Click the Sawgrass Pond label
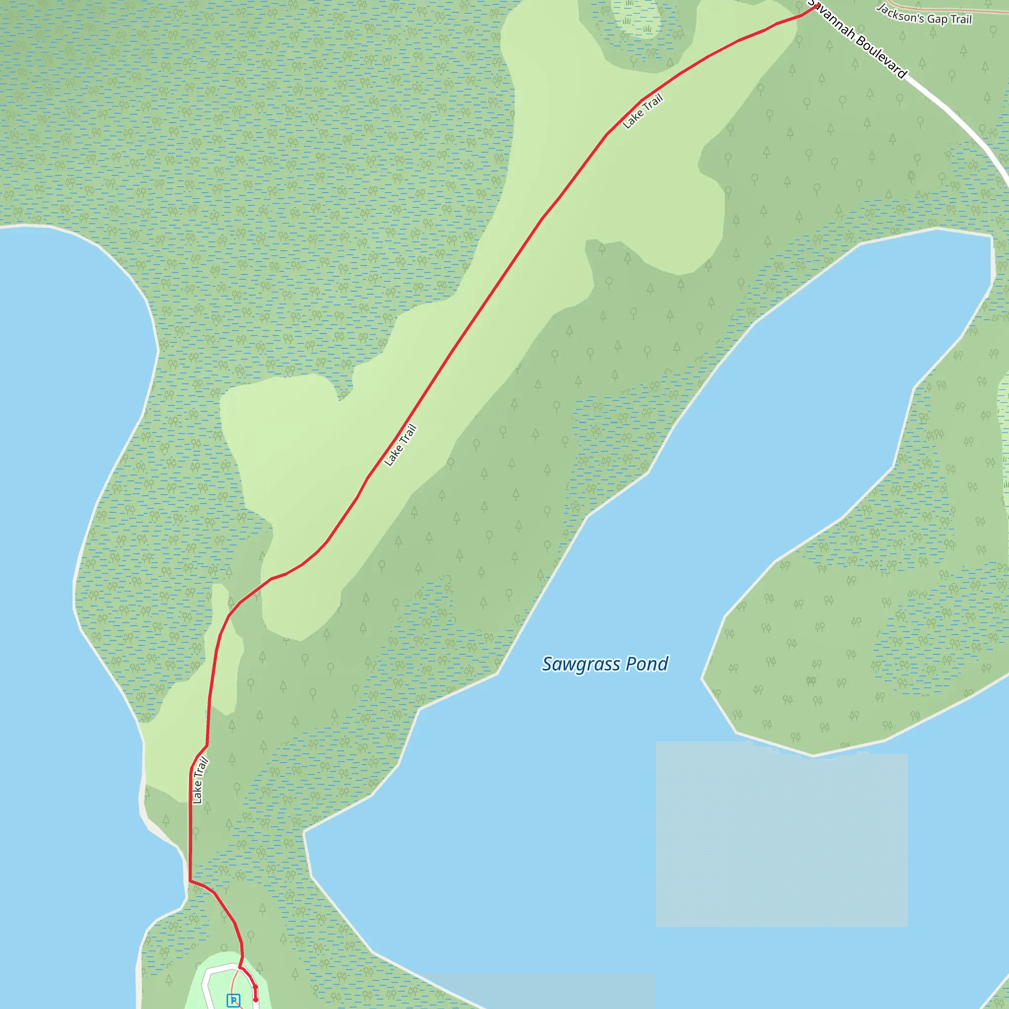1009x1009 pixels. click(605, 664)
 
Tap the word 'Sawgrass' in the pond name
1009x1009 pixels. click(581, 664)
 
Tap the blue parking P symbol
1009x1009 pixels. click(234, 1000)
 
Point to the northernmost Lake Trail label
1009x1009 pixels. click(643, 111)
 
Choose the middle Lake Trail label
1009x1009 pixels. click(401, 445)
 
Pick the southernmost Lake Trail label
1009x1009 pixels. click(200, 780)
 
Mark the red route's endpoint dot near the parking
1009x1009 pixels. click(255, 1000)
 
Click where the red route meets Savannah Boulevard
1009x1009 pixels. click(817, 6)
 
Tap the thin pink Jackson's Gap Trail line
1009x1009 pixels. click(940, 8)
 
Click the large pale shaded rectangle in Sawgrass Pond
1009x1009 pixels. click(782, 836)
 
